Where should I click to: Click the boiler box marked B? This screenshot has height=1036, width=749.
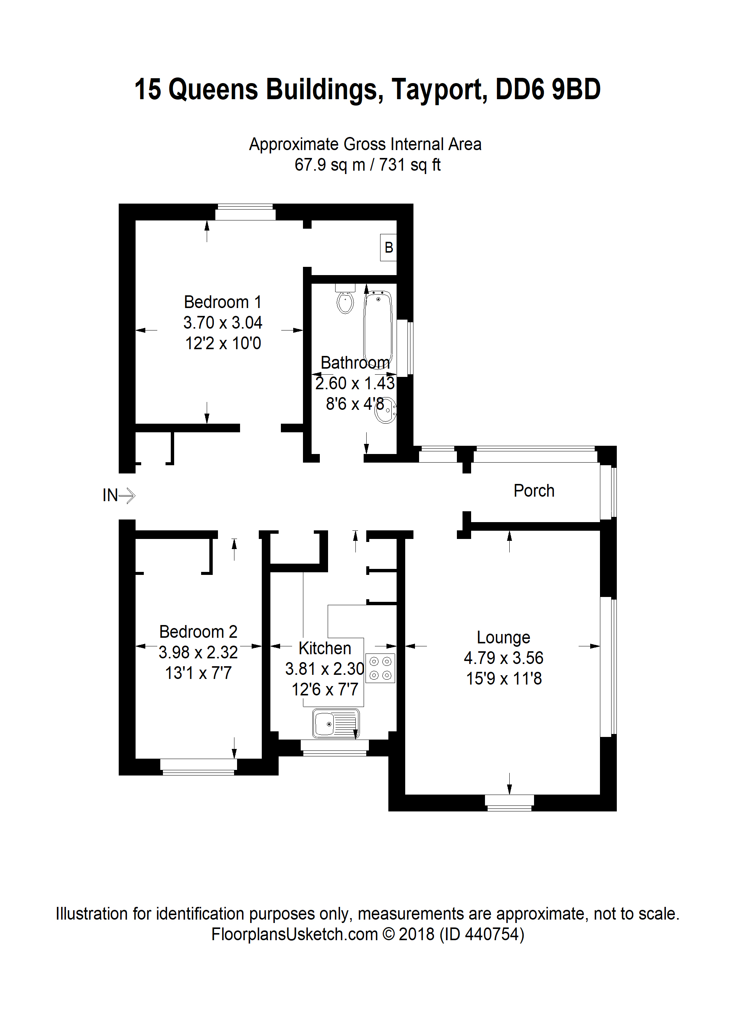click(x=388, y=247)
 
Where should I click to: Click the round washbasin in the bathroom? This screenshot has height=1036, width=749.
click(x=385, y=410)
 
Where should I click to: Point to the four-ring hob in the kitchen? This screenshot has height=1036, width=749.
click(x=380, y=668)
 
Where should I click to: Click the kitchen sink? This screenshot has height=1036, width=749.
click(x=336, y=723)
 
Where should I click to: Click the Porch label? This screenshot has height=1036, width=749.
click(x=534, y=491)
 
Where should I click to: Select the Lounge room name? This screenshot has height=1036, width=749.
click(x=503, y=637)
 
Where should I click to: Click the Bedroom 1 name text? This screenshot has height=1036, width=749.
click(x=222, y=302)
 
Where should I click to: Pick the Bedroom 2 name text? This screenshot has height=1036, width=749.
click(x=198, y=632)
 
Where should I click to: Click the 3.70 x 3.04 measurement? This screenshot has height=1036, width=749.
click(x=222, y=323)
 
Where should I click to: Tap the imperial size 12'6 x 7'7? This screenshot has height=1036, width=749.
click(x=325, y=690)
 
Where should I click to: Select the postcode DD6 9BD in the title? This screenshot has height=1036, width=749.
click(x=548, y=89)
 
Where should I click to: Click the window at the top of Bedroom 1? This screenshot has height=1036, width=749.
click(x=245, y=213)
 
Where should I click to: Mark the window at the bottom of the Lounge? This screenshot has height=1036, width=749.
click(x=509, y=802)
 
